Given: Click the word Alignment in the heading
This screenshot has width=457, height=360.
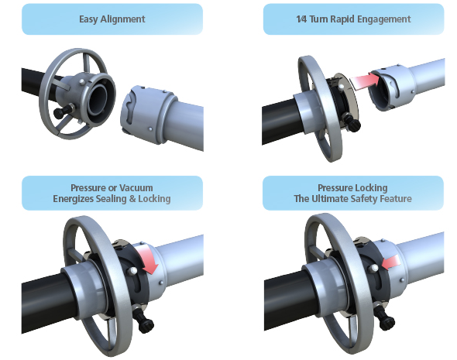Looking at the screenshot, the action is pos(122,19).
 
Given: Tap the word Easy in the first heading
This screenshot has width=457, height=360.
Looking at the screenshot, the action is pos(88,19).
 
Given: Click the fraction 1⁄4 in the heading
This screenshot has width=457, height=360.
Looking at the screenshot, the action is pos(301,19).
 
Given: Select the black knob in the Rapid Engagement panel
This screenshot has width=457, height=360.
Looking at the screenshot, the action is pos(352,123).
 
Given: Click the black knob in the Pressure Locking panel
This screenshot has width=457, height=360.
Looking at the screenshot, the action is pos(386,318).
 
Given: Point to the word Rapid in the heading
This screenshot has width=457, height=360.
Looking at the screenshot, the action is pos(341,19).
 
